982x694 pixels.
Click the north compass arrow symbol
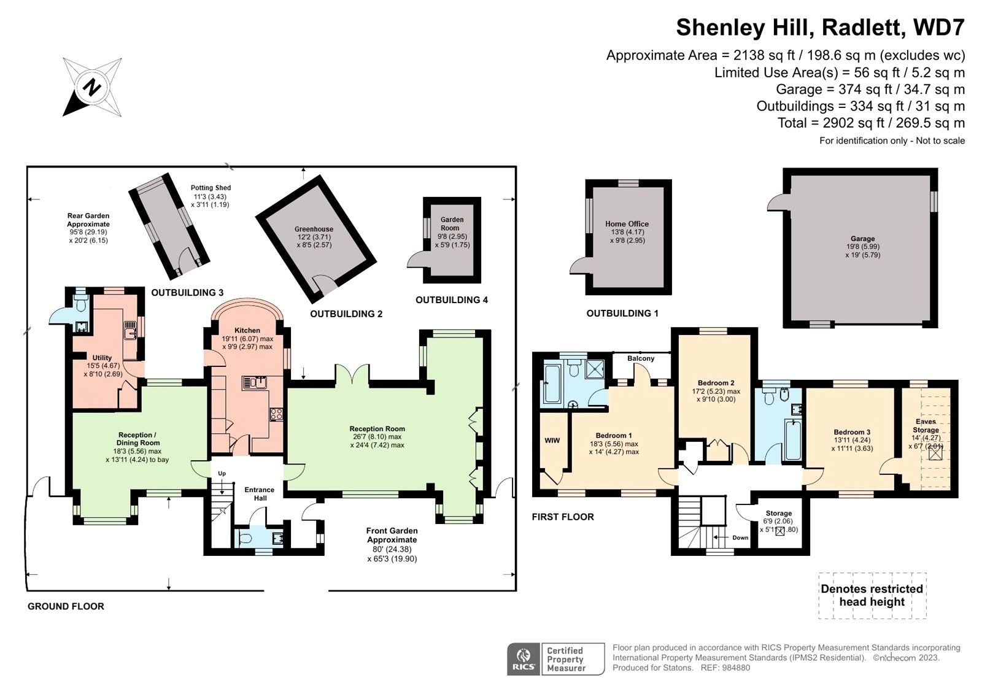pos(92,87)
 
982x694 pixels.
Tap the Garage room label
pos(862,239)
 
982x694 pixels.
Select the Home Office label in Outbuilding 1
pos(627,224)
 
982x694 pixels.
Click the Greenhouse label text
pos(314,229)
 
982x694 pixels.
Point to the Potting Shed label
pos(211,188)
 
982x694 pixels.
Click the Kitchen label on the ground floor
pos(247,330)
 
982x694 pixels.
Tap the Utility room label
pos(102,358)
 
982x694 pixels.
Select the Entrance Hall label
pos(260,493)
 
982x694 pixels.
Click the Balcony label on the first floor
pos(641,358)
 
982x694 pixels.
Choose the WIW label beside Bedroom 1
pos(552,440)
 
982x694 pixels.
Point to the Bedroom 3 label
pos(852,432)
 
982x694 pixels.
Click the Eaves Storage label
pos(926,426)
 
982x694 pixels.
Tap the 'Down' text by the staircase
pos(740,538)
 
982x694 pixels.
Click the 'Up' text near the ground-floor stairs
pos(222,474)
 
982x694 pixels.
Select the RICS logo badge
pos(523,659)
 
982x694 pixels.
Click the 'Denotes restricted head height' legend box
pos(872,595)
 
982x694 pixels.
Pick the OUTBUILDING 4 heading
pos(452,300)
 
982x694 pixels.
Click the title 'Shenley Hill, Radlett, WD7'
pos(820,28)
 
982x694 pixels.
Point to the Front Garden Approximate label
pos(392,535)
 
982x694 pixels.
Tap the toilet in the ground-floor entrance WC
pos(245,539)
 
